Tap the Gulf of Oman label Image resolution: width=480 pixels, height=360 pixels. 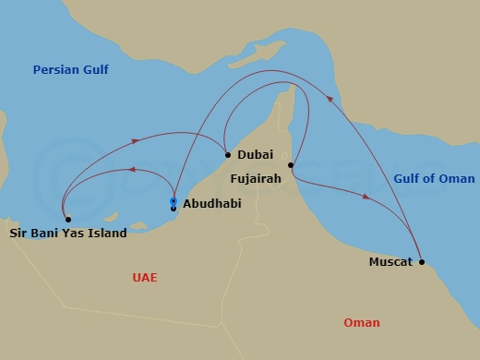pos(434,178)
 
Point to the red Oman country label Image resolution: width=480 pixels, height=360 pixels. pos(361,322)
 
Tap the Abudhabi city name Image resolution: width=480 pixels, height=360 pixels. pos(212,204)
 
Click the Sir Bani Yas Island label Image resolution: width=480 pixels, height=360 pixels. pos(68,234)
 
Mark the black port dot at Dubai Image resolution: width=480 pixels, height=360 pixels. pos(227,154)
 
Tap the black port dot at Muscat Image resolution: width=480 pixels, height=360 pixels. pos(422,262)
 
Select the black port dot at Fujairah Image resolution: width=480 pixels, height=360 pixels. pos(291,165)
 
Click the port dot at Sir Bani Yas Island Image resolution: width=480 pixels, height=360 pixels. pos(67,219)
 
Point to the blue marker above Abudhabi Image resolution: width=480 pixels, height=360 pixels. pos(173,200)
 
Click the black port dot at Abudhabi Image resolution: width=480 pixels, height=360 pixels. pos(173,209)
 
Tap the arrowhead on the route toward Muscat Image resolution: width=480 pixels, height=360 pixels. pos(367,197)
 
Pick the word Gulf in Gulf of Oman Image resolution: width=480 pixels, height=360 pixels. pos(409,178)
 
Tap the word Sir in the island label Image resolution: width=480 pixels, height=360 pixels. pos(18,234)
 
